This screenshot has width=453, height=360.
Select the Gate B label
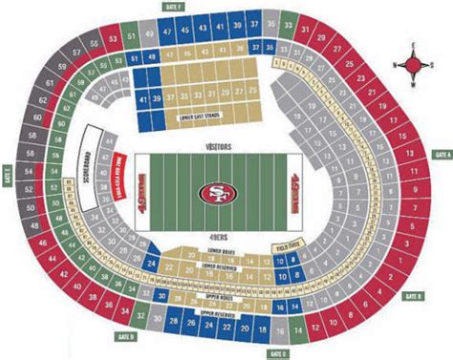pyautogui.click(x=413, y=298)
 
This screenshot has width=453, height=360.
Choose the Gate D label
pyautogui.click(x=128, y=337)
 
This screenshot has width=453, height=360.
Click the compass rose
pyautogui.click(x=412, y=65)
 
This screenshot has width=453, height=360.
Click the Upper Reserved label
pyautogui.click(x=218, y=312)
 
